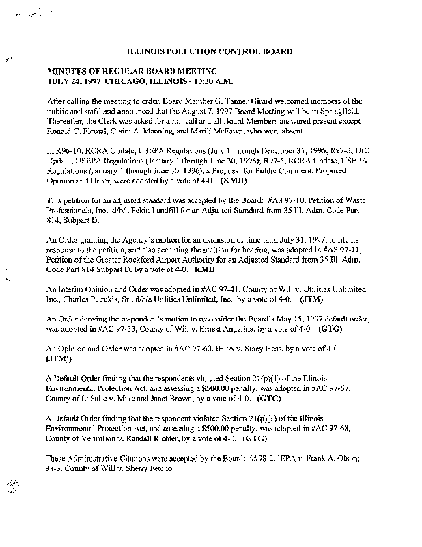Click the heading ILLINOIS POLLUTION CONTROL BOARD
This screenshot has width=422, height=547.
pyautogui.click(x=211, y=51)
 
